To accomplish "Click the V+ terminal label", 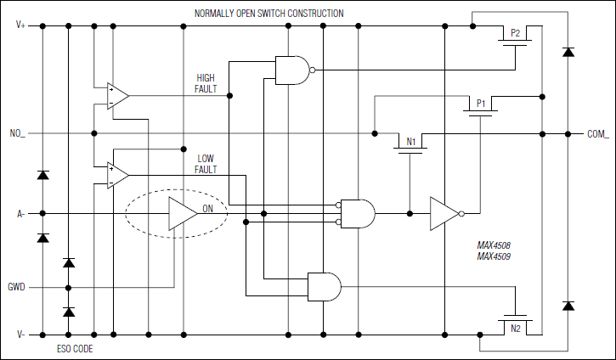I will click(20, 25).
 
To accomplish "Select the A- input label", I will click(20, 213).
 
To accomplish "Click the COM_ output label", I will click(597, 133).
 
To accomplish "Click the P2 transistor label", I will click(515, 34).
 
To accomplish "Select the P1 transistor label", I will click(480, 104).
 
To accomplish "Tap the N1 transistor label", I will click(410, 143).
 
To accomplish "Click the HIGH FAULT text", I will click(206, 82).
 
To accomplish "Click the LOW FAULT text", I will click(206, 164).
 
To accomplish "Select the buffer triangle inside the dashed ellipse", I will click(181, 213).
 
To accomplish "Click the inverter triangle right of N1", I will click(444, 213).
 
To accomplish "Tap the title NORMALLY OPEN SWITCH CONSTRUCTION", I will click(269, 14).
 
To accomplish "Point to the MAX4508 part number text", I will click(494, 246).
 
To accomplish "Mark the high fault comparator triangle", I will click(116, 96).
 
